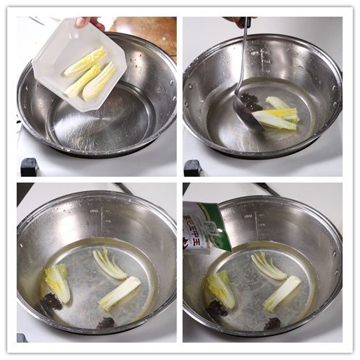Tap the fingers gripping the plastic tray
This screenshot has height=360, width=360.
pos(90,22)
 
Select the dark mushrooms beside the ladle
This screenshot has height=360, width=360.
pos(251,101)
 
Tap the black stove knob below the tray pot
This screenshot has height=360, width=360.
pos(29,167)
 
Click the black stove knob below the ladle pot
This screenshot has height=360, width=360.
pos(193,167)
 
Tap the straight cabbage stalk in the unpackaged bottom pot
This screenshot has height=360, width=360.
pos(120,293)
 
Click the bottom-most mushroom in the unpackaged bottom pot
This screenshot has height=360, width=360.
pos(106,323)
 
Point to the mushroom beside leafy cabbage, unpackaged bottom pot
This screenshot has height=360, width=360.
pos(51,303)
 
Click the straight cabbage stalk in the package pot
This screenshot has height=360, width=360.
pos(282,293)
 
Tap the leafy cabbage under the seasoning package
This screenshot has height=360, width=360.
pos(222,288)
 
